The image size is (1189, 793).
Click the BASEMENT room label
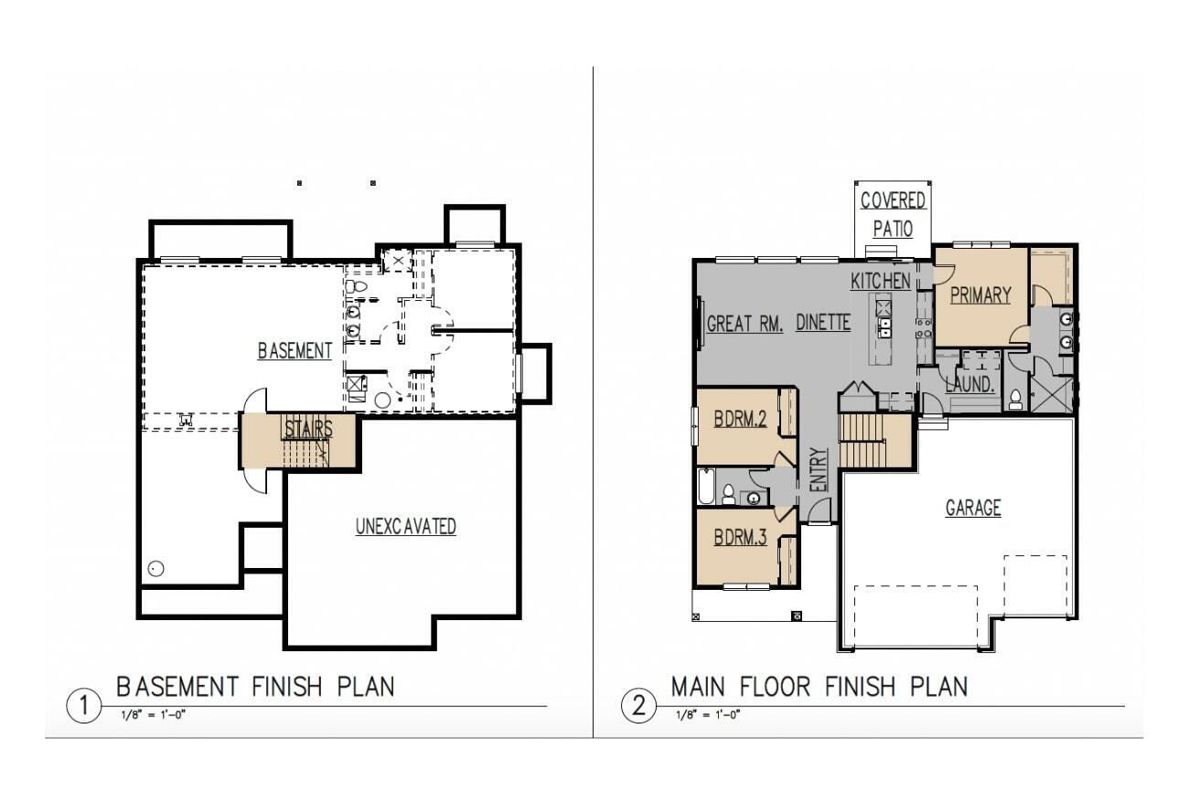pyautogui.click(x=294, y=351)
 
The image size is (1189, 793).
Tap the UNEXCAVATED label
pyautogui.click(x=405, y=527)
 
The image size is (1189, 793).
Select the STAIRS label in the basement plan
pyautogui.click(x=307, y=429)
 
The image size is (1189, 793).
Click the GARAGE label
pyautogui.click(x=972, y=508)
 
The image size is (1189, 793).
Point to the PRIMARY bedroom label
pyautogui.click(x=980, y=295)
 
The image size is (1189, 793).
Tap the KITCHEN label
pyautogui.click(x=880, y=281)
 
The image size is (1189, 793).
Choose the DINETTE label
pyautogui.click(x=823, y=323)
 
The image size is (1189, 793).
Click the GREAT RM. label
pyautogui.click(x=744, y=324)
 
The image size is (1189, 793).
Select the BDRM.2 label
pyautogui.click(x=741, y=419)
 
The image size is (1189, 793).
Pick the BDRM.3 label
pyautogui.click(x=741, y=538)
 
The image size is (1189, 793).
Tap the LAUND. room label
pyautogui.click(x=969, y=385)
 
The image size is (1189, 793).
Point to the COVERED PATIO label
pyautogui.click(x=893, y=214)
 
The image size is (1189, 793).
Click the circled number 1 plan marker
pyautogui.click(x=84, y=706)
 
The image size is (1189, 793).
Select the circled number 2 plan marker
pyautogui.click(x=638, y=706)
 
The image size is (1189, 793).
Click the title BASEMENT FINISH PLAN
pyautogui.click(x=255, y=686)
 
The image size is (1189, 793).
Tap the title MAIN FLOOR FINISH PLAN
pyautogui.click(x=819, y=686)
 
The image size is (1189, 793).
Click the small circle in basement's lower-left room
pyautogui.click(x=155, y=569)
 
